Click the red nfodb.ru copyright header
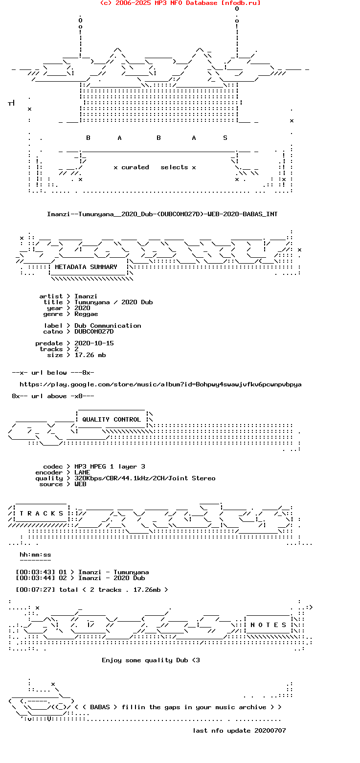point(180,3)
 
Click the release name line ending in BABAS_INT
point(162,214)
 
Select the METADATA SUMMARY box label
point(86,267)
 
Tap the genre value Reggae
point(86,314)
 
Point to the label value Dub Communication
point(108,326)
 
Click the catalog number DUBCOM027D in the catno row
point(94,332)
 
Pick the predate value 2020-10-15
point(94,343)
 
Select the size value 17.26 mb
point(90,355)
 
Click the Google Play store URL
point(160,384)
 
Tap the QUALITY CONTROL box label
point(112,420)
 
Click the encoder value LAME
point(82,472)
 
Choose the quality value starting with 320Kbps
point(145,478)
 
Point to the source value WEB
point(80,484)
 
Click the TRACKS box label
point(42,514)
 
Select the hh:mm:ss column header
point(35,555)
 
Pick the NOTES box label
point(269,625)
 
